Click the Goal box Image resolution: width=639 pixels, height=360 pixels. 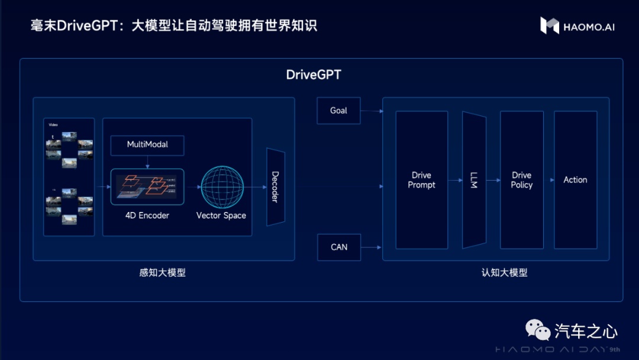click(x=338, y=111)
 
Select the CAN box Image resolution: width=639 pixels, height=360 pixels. click(x=338, y=247)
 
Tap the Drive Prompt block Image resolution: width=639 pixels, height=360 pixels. click(x=421, y=180)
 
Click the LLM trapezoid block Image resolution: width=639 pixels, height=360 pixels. click(x=474, y=180)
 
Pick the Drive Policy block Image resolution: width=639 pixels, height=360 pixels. click(x=521, y=180)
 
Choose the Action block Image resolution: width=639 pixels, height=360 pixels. click(x=575, y=180)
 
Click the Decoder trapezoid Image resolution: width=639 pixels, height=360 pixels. click(x=275, y=187)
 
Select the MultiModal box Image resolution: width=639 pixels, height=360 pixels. click(x=147, y=144)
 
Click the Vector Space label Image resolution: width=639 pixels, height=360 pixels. click(x=221, y=216)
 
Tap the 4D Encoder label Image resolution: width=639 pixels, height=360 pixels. click(x=147, y=216)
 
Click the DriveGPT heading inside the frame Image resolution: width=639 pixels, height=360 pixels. click(x=314, y=75)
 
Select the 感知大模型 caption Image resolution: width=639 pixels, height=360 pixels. click(x=162, y=273)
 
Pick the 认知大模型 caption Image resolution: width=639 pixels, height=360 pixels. click(x=504, y=273)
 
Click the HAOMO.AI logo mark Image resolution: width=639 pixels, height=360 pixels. click(x=549, y=25)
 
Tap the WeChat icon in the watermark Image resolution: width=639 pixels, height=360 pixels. click(x=538, y=329)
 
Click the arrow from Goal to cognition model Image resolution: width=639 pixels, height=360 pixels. click(x=372, y=111)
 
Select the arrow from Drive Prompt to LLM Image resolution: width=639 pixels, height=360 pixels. click(x=455, y=180)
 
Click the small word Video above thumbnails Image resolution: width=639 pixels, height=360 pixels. click(x=52, y=125)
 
